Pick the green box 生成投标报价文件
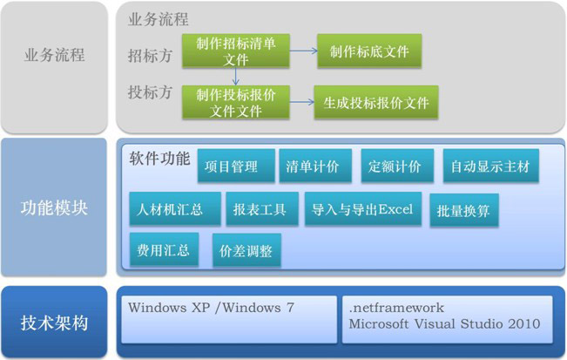coord(376,103)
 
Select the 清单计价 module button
coord(313,166)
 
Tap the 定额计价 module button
coord(395,166)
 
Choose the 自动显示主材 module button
coord(490,166)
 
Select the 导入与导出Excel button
coord(362,209)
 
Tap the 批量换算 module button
coord(463,211)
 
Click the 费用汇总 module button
coord(163,250)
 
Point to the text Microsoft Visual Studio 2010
coord(443,324)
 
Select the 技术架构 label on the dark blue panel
coord(54,323)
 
